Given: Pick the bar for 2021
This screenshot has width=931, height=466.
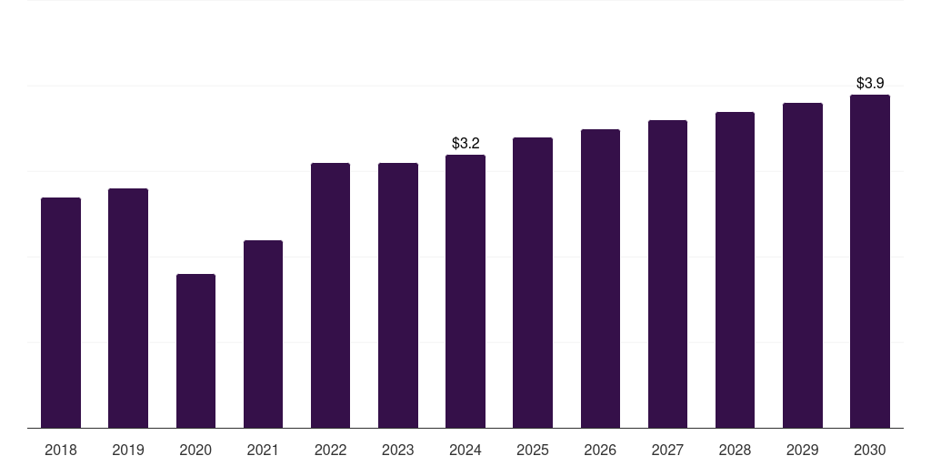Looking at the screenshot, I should tap(263, 334).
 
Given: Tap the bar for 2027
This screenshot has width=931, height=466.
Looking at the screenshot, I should tap(667, 274).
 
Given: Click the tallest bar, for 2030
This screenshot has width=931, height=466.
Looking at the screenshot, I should tap(870, 261).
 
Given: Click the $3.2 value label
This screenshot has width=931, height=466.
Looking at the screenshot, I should tap(465, 144).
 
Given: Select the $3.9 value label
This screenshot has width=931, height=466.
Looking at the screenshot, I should tap(870, 84).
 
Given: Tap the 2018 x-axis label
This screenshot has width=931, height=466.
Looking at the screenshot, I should tap(61, 451).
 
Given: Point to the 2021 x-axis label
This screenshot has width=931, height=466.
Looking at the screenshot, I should tap(263, 451).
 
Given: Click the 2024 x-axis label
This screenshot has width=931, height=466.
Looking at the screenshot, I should tap(465, 451).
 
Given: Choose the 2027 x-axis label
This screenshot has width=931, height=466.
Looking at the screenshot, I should tap(667, 451).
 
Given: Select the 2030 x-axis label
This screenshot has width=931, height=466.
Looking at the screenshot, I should tap(870, 451).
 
